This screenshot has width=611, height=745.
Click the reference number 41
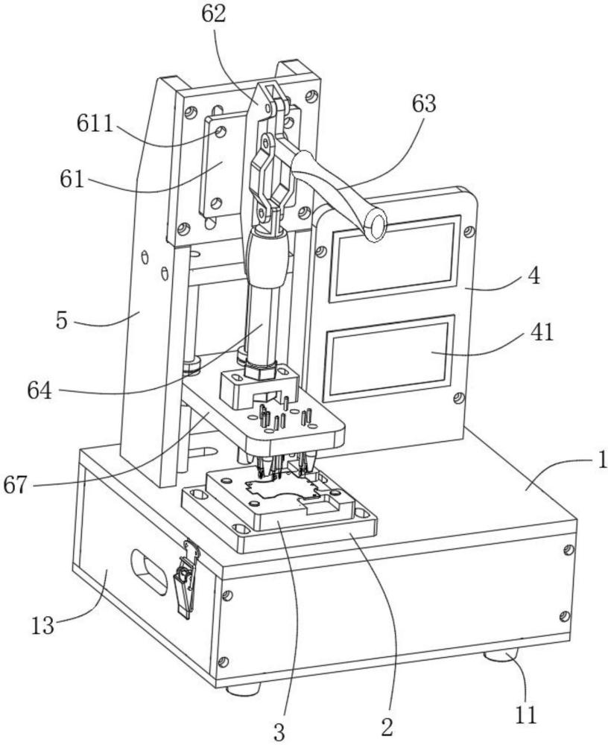[542, 332]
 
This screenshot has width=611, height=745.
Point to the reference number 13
[43, 624]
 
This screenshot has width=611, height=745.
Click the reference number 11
[526, 714]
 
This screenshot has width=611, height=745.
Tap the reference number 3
[280, 730]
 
